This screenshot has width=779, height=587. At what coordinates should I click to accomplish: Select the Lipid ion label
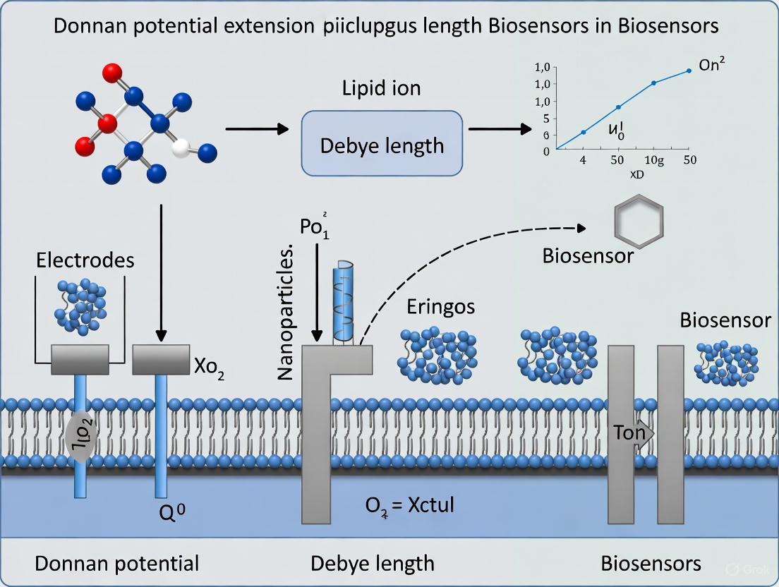(381, 88)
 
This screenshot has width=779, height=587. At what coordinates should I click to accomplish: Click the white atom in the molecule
(182, 149)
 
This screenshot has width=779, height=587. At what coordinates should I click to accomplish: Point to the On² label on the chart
(712, 65)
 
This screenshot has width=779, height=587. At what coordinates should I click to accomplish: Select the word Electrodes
(85, 260)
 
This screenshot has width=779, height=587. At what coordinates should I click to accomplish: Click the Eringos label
(440, 307)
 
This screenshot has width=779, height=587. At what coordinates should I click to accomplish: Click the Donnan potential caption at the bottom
(116, 563)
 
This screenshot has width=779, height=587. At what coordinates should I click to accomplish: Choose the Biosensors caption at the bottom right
(651, 563)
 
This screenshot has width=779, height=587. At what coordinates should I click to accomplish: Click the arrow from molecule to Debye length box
(257, 129)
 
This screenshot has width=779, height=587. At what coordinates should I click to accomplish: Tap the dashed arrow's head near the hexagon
(581, 228)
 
